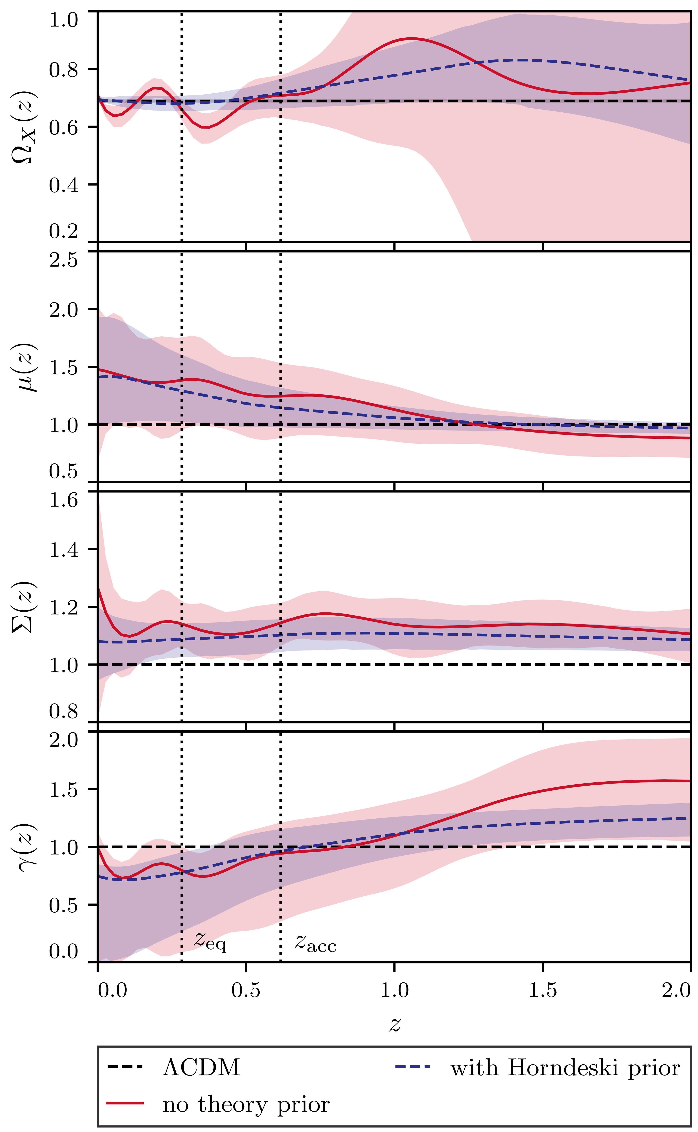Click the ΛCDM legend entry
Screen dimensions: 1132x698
coord(201,1068)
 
